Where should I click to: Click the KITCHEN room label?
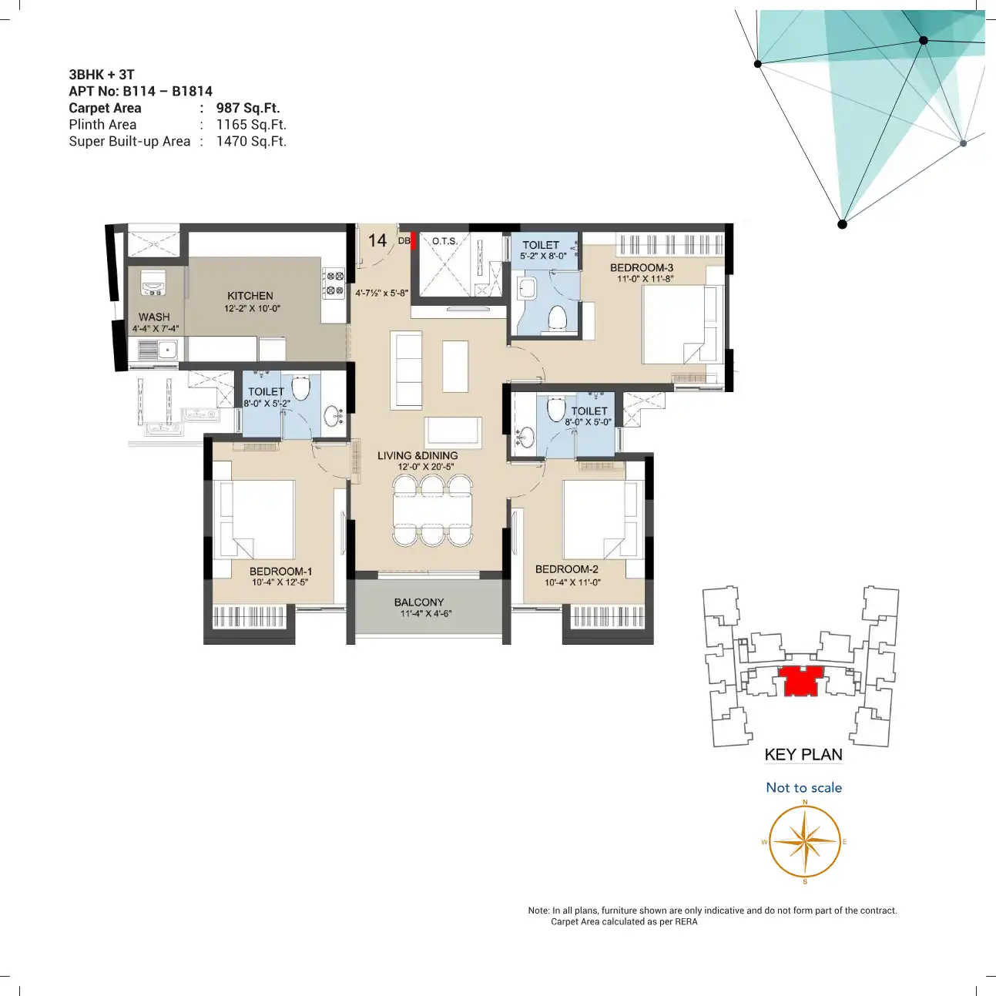250,296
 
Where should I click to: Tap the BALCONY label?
419,602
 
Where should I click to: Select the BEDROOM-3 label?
642,268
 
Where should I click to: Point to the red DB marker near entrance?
413,241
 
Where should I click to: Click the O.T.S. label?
444,241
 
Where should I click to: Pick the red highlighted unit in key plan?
800,681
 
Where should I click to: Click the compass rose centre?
805,841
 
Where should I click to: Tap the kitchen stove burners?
334,283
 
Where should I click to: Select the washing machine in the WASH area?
153,282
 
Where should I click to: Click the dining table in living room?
432,511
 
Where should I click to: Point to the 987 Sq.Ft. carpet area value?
248,108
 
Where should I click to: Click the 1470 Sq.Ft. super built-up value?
251,141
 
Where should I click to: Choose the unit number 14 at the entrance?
377,240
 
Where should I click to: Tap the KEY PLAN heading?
803,755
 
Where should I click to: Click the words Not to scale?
803,788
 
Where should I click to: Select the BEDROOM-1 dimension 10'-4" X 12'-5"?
280,582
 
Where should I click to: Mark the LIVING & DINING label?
418,455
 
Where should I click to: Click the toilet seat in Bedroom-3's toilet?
557,317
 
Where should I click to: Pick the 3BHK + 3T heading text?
102,75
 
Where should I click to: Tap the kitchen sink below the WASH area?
158,350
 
